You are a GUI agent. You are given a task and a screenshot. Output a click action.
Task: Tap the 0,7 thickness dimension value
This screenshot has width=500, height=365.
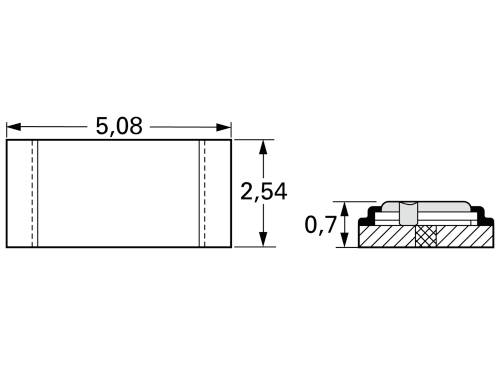pyautogui.click(x=320, y=226)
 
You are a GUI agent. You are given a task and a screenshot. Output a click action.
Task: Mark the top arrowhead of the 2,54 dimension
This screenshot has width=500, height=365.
pyautogui.click(x=264, y=146)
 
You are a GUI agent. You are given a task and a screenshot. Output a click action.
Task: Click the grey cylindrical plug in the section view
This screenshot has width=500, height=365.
pyautogui.click(x=407, y=213)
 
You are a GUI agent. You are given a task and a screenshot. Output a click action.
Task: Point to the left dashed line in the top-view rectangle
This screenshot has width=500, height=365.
pyautogui.click(x=35, y=193)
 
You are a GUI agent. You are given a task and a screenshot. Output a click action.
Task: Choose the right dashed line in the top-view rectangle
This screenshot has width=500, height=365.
pyautogui.click(x=204, y=193)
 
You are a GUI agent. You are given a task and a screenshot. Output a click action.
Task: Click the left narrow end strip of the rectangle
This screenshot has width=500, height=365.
pyautogui.click(x=21, y=193)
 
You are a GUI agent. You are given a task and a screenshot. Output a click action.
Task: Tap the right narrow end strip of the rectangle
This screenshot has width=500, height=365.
pyautogui.click(x=218, y=193)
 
